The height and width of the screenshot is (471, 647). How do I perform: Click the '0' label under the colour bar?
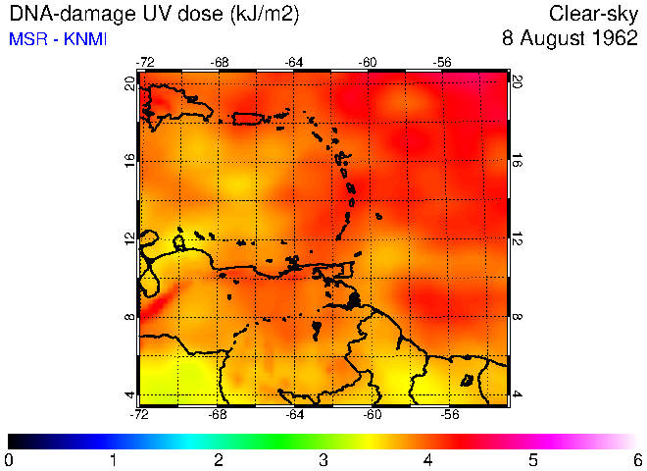9,459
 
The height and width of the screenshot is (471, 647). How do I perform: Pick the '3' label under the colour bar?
323,459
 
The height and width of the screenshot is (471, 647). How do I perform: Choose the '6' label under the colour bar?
638,459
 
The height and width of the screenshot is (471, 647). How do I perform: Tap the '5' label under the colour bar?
533,459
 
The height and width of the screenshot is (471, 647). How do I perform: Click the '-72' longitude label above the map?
145,62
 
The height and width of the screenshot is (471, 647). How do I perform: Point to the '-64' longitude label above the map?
294,62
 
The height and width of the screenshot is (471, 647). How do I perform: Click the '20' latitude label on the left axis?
130,84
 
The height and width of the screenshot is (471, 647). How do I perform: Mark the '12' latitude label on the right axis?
518,239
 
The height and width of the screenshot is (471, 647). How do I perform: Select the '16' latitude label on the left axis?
130,162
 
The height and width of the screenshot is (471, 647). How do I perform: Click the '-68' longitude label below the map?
219,414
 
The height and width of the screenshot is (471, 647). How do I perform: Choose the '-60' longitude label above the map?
369,62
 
